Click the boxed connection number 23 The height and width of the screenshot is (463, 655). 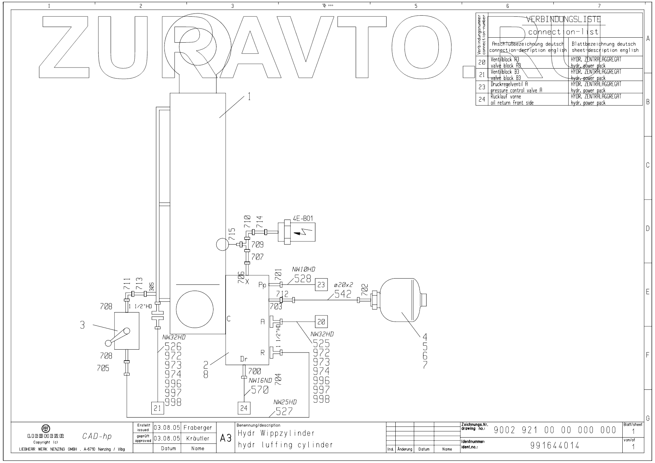[321, 285]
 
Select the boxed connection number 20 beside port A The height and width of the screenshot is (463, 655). [321, 322]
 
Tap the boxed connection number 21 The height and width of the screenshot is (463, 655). [157, 408]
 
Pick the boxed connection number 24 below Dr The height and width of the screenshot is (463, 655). [244, 408]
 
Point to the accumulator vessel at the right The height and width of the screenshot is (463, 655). [400, 300]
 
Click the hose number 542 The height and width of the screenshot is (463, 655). [342, 294]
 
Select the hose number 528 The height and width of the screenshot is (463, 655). [303, 279]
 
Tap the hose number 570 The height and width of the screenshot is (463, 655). [260, 390]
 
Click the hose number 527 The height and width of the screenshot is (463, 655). [284, 411]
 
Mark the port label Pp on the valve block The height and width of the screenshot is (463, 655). [262, 285]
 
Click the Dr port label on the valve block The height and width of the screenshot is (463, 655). [244, 359]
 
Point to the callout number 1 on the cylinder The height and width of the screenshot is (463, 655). [249, 97]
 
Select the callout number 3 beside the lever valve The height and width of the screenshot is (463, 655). [82, 325]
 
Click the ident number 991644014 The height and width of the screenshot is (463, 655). [554, 445]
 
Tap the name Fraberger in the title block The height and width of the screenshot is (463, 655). [197, 428]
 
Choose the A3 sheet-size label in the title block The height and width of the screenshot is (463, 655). [226, 438]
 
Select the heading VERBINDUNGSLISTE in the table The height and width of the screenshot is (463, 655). [563, 19]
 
